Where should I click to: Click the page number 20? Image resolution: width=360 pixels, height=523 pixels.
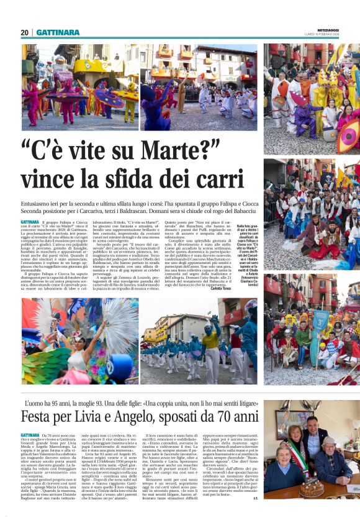click(x=25, y=32)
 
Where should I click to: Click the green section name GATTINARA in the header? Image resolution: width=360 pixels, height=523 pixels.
click(x=58, y=32)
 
